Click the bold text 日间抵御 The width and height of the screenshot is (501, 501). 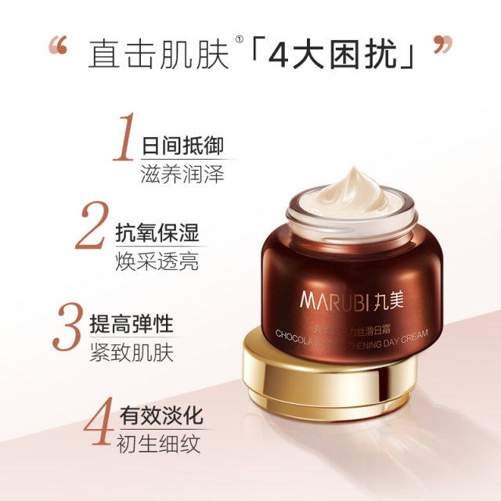pyautogui.click(x=182, y=146)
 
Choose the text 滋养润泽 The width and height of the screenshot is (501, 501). pyautogui.click(x=182, y=174)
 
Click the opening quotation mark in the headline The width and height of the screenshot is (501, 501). pyautogui.click(x=57, y=46)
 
